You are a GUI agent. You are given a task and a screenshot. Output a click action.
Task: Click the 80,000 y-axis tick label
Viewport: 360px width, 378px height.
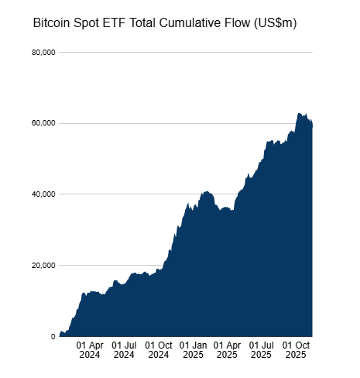[x=43, y=53]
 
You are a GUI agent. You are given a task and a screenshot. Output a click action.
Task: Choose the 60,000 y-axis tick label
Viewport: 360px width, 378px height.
[x=43, y=123]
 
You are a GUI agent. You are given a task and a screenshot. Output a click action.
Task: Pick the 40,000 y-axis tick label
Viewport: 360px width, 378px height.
[x=43, y=194]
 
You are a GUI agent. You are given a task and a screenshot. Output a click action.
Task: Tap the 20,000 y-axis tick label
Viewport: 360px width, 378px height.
[x=43, y=266]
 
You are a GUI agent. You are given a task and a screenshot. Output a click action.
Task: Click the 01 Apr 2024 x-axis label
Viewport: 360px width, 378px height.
[x=90, y=349]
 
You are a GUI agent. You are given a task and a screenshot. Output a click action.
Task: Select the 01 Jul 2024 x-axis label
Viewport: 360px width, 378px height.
[x=124, y=349]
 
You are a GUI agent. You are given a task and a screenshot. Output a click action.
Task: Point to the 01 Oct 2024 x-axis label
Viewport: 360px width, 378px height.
[x=159, y=349]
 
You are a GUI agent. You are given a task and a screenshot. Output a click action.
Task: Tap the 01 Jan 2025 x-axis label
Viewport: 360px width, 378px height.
[x=194, y=349]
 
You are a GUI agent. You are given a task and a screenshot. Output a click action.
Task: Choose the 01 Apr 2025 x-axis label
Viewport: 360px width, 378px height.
[x=227, y=349]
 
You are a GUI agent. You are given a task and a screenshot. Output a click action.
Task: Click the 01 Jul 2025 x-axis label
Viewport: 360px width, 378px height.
[x=262, y=349]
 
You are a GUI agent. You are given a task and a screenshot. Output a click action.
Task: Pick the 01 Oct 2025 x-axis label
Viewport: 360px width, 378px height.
[x=296, y=349]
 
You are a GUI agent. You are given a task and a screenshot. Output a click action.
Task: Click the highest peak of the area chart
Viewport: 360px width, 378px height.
[x=299, y=113]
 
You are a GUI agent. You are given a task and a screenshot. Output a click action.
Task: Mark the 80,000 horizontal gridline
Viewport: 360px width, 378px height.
[x=186, y=53]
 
